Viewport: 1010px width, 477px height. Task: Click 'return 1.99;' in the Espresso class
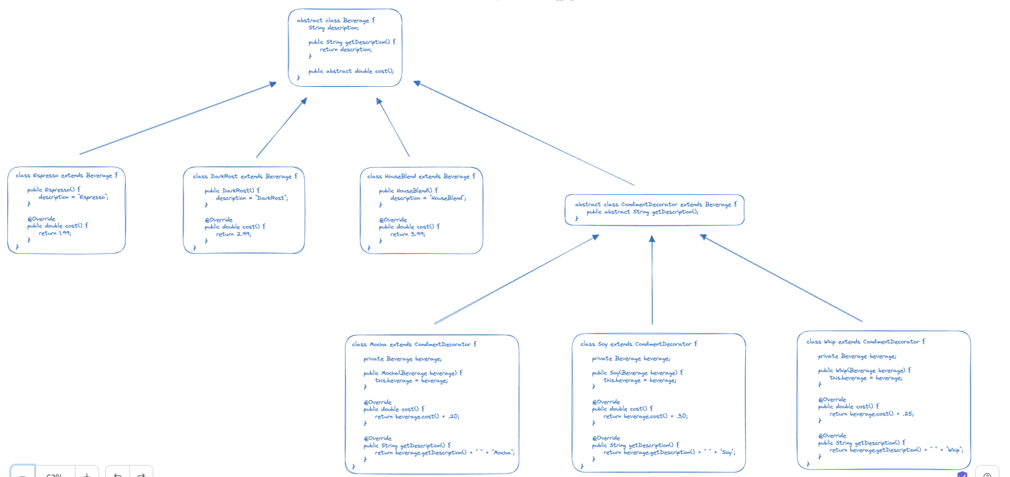55,233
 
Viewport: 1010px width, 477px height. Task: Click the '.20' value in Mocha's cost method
453,416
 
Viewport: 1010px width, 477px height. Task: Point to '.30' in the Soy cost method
681,416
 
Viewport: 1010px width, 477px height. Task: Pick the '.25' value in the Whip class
907,414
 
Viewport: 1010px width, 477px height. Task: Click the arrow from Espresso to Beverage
178,118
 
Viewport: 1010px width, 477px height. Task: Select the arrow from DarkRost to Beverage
281,128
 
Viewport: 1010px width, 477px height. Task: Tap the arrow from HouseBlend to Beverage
393,128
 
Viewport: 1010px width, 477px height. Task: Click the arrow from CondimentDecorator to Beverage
524,134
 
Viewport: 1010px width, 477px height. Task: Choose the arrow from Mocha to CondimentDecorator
516,280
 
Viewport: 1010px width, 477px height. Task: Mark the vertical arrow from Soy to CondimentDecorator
652,280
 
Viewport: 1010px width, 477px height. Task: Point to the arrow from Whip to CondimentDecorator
781,278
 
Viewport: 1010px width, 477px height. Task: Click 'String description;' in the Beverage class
333,28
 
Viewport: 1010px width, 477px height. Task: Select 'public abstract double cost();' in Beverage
350,70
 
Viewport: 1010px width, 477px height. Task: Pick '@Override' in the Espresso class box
41,218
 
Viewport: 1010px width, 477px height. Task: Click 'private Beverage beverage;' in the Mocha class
402,359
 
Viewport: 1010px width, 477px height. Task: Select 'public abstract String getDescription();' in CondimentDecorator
642,212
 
